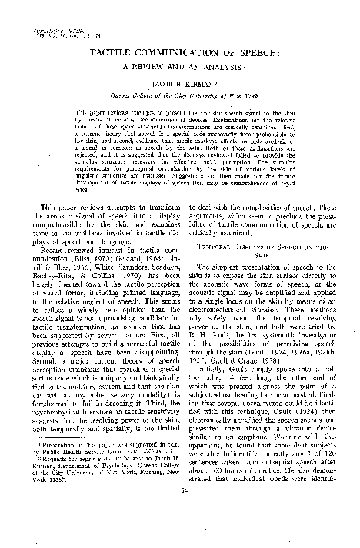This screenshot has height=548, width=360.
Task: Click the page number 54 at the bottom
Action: [181, 532]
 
